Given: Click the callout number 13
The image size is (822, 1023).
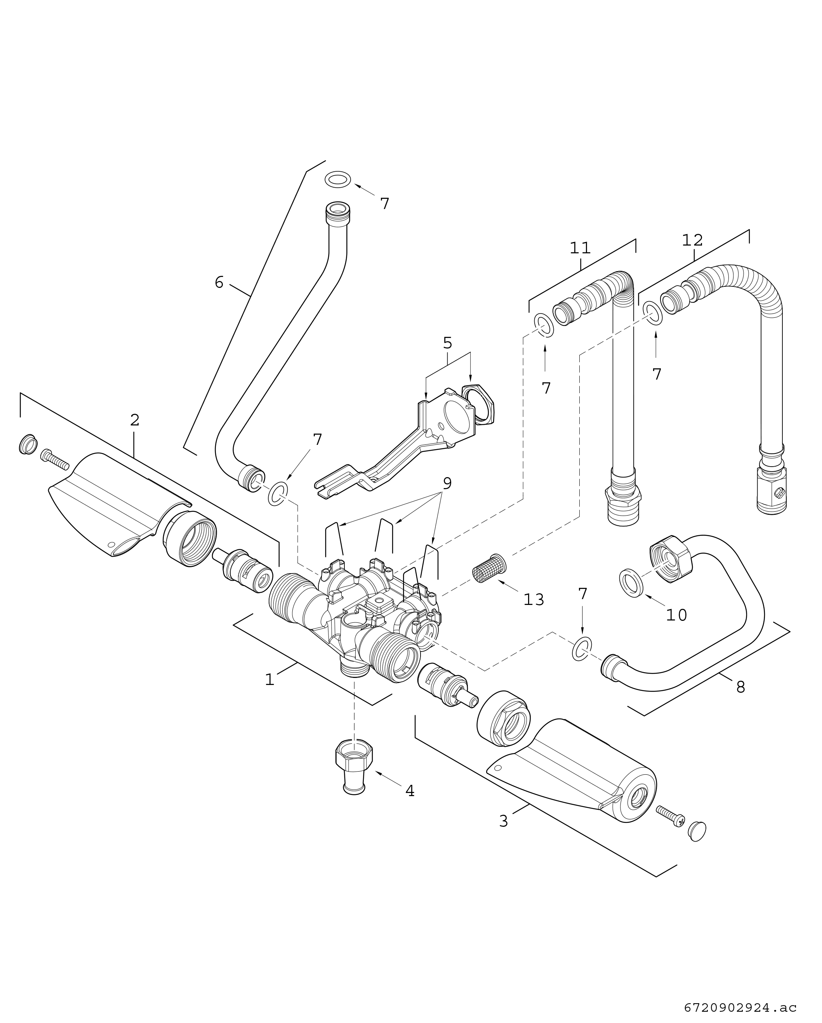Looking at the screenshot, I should [534, 600].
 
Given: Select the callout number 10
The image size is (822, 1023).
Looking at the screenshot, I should [676, 615].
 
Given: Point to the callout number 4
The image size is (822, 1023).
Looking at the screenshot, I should [410, 791].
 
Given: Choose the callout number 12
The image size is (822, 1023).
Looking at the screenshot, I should [692, 240].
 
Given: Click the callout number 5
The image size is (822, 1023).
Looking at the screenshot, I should [447, 343].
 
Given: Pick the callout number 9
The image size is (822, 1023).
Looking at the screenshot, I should [447, 483].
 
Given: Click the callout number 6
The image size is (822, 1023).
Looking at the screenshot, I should [219, 283].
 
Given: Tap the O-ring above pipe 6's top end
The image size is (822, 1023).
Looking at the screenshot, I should [338, 180].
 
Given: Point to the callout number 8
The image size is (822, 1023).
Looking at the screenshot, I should [740, 687].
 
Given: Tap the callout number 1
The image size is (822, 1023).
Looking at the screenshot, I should [269, 680].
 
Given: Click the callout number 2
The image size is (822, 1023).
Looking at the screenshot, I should [135, 420].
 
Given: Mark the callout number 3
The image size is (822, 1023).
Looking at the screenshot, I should [503, 821].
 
